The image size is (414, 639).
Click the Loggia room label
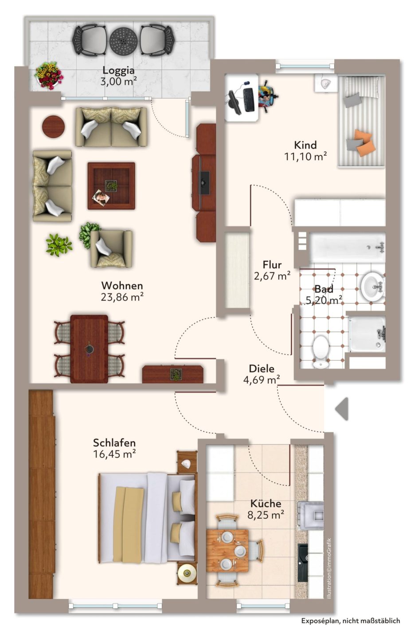point(118,70)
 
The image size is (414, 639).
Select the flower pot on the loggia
point(48,75)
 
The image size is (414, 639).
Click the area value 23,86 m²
point(122,297)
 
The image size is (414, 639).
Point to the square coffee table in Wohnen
point(111,186)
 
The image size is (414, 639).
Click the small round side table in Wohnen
point(54,126)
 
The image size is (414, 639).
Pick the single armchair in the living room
point(111,249)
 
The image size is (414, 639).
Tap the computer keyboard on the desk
point(249,99)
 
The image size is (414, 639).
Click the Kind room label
point(305,145)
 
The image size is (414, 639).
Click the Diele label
point(262,369)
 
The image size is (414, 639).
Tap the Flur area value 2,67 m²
point(272,276)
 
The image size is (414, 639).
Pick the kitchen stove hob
point(311,515)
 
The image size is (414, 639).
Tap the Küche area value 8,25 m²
point(266,515)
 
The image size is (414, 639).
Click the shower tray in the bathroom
point(367,334)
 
